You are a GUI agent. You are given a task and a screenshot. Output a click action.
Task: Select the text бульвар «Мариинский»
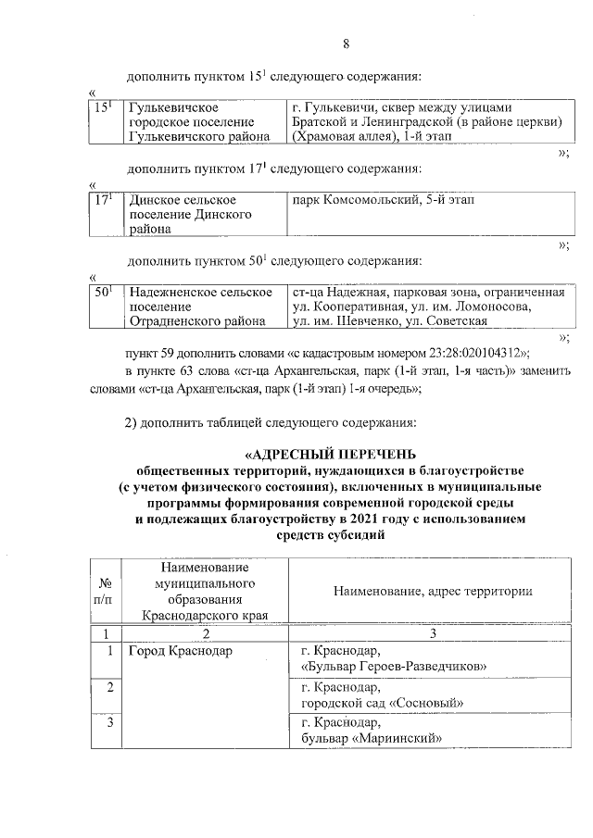[x=371, y=738]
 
